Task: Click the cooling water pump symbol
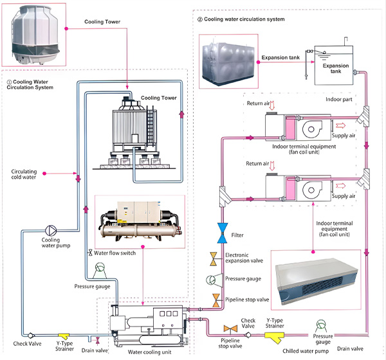(x=51, y=230)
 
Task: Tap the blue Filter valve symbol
(x=222, y=232)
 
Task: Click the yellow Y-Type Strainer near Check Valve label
(x=65, y=336)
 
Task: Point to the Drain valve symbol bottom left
(x=97, y=339)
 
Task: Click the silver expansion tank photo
(x=228, y=62)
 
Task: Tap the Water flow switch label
(x=119, y=254)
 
